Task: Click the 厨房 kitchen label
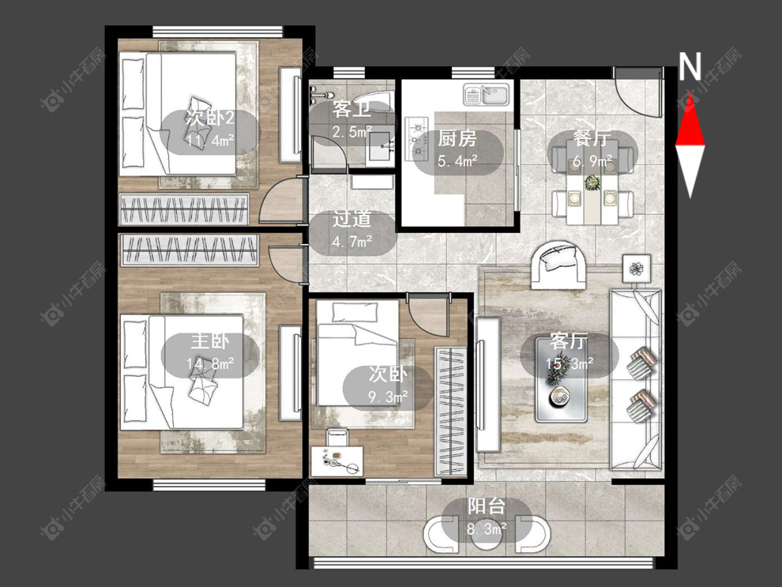coord(457,138)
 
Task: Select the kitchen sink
coord(486,95)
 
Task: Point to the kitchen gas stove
coord(417,139)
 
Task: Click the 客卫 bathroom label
coord(352,109)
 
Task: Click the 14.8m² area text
coord(210,363)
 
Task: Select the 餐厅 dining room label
coord(592,138)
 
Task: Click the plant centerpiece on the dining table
coord(592,182)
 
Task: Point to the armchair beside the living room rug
coord(559,265)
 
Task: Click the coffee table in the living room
coord(561,379)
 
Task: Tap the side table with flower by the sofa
coord(636,268)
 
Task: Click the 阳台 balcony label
coord(487,506)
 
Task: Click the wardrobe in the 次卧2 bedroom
coord(184,209)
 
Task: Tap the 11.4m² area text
coord(210,140)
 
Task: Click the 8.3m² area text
coord(487,528)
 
